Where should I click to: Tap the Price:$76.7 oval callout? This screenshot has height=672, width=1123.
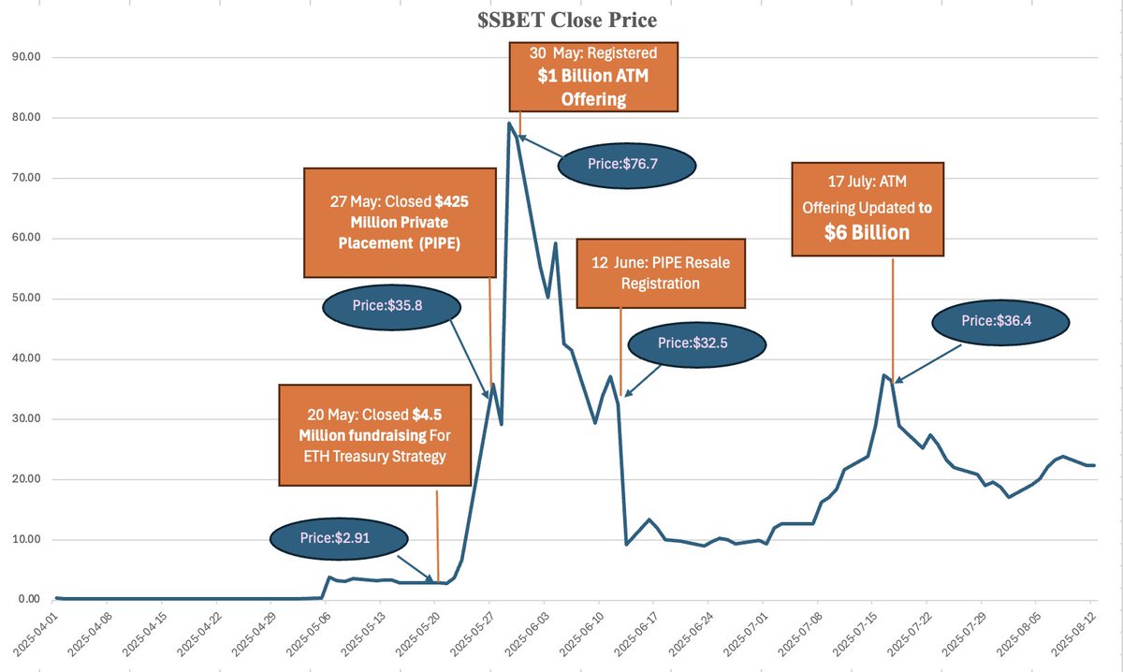(628, 164)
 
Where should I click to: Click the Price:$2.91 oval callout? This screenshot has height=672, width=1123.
(339, 539)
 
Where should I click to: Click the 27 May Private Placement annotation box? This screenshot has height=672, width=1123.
(400, 223)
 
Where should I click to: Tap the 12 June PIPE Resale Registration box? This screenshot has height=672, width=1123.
(662, 272)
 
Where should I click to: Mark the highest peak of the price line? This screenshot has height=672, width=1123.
(509, 123)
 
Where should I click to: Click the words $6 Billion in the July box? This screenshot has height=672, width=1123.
(867, 233)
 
